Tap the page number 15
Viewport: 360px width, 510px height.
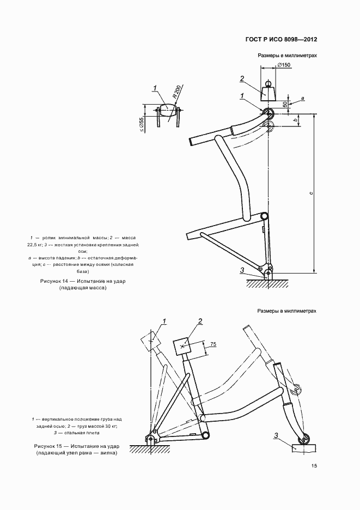click(x=314, y=466)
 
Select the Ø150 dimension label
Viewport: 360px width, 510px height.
click(x=283, y=65)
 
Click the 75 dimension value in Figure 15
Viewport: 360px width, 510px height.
click(x=213, y=344)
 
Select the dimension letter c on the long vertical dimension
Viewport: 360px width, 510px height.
click(x=310, y=192)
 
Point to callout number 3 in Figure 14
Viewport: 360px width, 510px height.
click(x=241, y=271)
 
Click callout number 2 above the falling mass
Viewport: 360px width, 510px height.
click(x=241, y=79)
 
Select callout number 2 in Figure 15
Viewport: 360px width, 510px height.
click(x=200, y=321)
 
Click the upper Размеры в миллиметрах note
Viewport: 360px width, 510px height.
click(x=287, y=56)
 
